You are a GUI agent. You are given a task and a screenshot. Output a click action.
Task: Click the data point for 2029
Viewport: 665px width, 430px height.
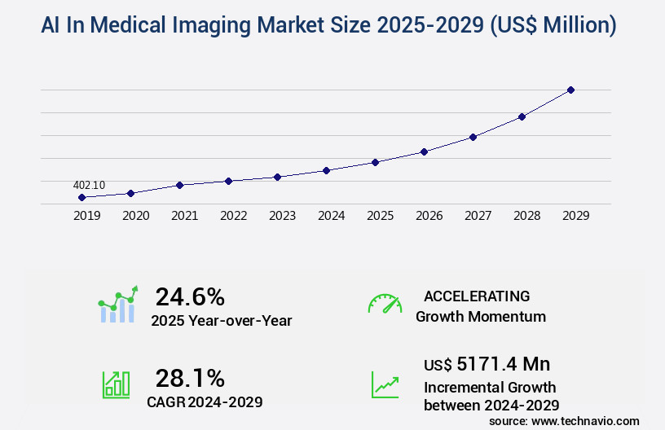[570, 90]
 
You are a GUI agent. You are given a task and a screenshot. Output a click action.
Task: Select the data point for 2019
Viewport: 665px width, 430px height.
[81, 197]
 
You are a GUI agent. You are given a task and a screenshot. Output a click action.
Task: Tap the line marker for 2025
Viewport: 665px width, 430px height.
[375, 162]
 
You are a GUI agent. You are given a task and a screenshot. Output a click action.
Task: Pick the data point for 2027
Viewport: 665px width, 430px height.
[473, 137]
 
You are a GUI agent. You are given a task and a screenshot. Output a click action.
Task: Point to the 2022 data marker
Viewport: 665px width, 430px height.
[228, 181]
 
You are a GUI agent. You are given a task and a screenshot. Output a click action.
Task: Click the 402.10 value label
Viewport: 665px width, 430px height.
[89, 185]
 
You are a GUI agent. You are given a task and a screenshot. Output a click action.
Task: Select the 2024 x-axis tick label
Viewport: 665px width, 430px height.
[331, 216]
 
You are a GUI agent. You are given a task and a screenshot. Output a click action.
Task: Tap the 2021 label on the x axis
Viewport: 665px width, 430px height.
[184, 216]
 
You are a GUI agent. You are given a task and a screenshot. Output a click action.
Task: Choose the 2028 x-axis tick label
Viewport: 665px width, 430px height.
[526, 216]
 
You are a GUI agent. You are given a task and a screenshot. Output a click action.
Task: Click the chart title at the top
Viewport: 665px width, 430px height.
[328, 25]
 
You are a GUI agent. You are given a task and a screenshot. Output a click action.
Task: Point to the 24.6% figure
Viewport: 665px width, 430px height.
[190, 296]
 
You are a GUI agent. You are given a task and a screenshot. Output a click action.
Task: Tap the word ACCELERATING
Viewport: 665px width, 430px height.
[477, 296]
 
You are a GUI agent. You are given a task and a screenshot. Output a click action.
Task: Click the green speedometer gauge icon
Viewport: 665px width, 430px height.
[385, 304]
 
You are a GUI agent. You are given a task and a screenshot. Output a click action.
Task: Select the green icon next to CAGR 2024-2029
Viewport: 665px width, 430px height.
[116, 384]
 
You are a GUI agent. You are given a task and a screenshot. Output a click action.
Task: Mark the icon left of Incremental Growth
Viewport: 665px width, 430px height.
[385, 384]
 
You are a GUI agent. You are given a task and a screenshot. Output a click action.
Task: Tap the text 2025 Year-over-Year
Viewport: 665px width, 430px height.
[221, 320]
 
